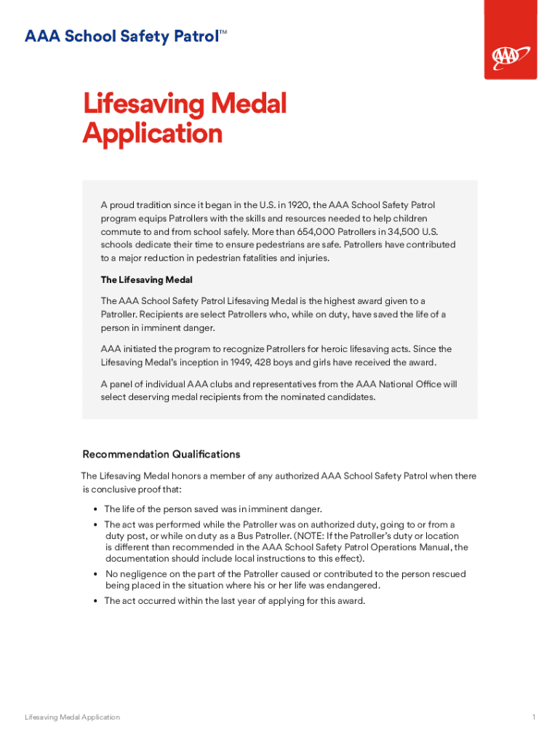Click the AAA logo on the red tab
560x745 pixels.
click(511, 56)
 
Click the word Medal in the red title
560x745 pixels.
click(249, 104)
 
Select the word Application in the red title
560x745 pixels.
click(152, 134)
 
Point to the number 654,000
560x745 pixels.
click(319, 231)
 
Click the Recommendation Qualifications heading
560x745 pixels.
click(161, 454)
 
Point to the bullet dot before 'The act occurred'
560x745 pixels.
click(96, 601)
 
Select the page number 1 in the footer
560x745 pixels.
click(533, 717)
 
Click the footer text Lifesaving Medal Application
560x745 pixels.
click(72, 717)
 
